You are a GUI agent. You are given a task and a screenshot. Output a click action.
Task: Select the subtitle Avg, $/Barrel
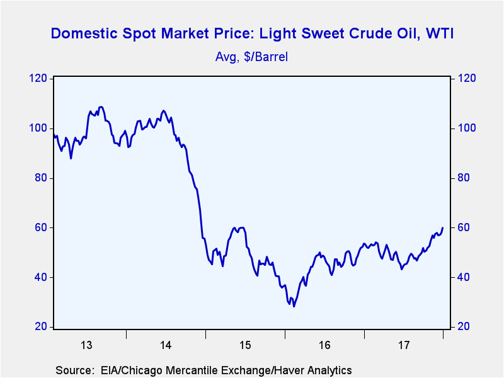pyautogui.click(x=252, y=57)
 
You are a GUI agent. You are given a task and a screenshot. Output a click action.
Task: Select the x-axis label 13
pyautogui.click(x=86, y=345)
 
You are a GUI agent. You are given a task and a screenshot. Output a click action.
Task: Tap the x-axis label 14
pyautogui.click(x=166, y=345)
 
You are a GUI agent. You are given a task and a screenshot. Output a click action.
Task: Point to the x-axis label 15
pyautogui.click(x=245, y=345)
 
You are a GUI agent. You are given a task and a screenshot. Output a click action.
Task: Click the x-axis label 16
pyautogui.click(x=324, y=345)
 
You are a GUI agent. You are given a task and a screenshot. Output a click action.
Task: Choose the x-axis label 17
pyautogui.click(x=404, y=345)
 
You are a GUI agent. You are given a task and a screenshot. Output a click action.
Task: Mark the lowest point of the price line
pyautogui.click(x=294, y=307)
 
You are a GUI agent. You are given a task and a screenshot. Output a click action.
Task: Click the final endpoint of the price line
pyautogui.click(x=443, y=227)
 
